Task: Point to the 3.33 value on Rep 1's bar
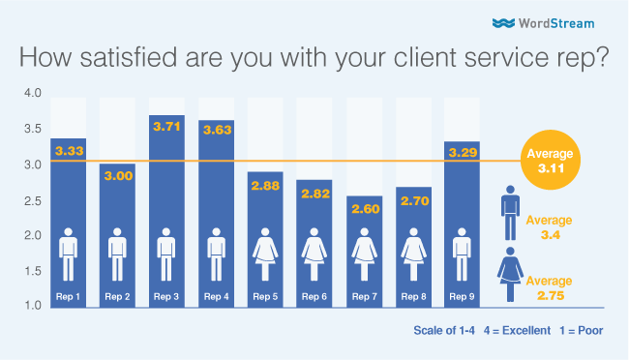(x=70, y=152)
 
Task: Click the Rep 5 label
(x=266, y=295)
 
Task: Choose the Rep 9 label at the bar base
(x=464, y=295)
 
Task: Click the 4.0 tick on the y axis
(x=33, y=93)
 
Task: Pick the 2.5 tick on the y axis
(x=33, y=199)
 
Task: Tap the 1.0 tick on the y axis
(x=33, y=306)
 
